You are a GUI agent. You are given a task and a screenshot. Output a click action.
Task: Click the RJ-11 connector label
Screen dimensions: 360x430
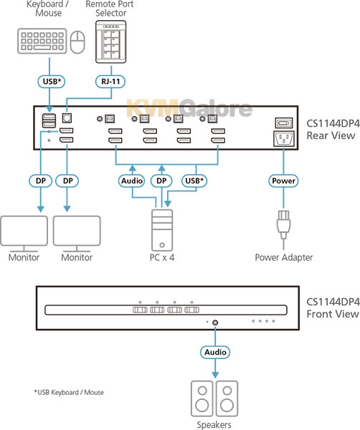(x=110, y=82)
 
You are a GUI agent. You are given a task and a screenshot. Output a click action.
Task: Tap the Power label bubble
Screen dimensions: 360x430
(x=283, y=181)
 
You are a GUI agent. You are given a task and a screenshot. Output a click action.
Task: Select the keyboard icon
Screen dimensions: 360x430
(x=42, y=41)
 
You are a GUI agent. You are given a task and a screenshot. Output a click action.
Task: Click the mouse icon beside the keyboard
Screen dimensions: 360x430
(x=77, y=42)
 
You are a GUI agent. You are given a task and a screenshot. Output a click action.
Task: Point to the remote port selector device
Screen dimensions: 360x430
(x=111, y=42)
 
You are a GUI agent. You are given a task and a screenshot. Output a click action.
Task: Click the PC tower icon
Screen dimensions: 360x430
(x=162, y=230)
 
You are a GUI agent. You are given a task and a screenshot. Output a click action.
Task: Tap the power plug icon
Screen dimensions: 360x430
(x=283, y=225)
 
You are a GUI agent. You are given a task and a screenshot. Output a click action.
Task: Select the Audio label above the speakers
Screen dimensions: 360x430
(x=215, y=352)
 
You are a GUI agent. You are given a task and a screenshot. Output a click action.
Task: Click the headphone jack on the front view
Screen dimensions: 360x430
(x=215, y=322)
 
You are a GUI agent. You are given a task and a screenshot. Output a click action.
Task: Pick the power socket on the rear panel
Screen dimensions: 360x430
(x=284, y=139)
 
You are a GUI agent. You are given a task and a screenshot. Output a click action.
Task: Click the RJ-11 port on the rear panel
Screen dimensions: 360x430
(x=67, y=118)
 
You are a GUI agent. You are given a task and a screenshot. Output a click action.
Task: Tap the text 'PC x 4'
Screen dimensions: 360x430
(x=162, y=257)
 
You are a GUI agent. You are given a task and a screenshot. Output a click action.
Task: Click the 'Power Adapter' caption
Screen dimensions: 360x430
(x=284, y=257)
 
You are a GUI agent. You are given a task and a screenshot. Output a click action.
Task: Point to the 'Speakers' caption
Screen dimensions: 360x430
(x=214, y=425)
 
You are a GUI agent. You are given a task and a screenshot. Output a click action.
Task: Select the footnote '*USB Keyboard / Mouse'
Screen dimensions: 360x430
(x=69, y=393)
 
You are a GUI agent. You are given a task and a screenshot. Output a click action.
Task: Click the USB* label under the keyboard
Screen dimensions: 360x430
(x=52, y=82)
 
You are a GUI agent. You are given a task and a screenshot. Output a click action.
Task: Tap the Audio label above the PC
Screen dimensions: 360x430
(x=132, y=181)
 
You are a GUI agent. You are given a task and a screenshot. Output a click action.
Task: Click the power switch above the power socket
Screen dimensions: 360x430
(x=284, y=123)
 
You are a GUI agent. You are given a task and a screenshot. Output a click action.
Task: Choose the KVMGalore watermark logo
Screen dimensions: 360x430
(x=189, y=108)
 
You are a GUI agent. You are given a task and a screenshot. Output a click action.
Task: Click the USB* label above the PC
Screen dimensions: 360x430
(x=194, y=181)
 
